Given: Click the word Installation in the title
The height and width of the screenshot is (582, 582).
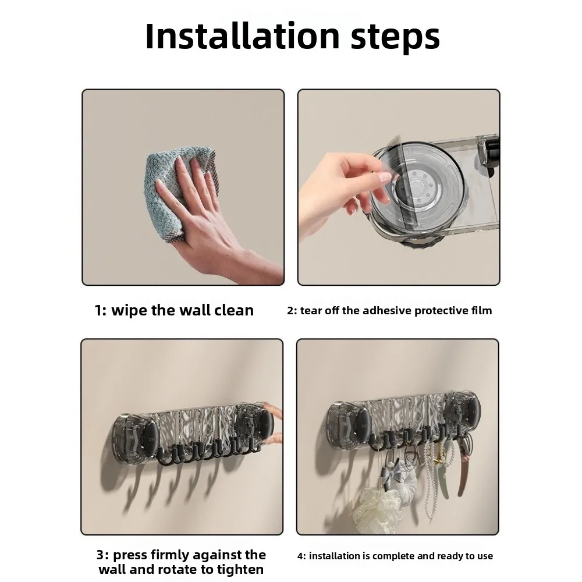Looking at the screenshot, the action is coord(242,36).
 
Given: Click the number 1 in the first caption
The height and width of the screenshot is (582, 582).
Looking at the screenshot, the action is coord(98,311).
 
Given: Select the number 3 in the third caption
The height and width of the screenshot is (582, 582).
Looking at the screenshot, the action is coord(100,555).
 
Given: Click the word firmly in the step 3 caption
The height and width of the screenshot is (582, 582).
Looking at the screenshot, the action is coord(169,556).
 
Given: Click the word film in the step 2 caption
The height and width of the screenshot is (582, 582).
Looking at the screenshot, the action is coord(482,310).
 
